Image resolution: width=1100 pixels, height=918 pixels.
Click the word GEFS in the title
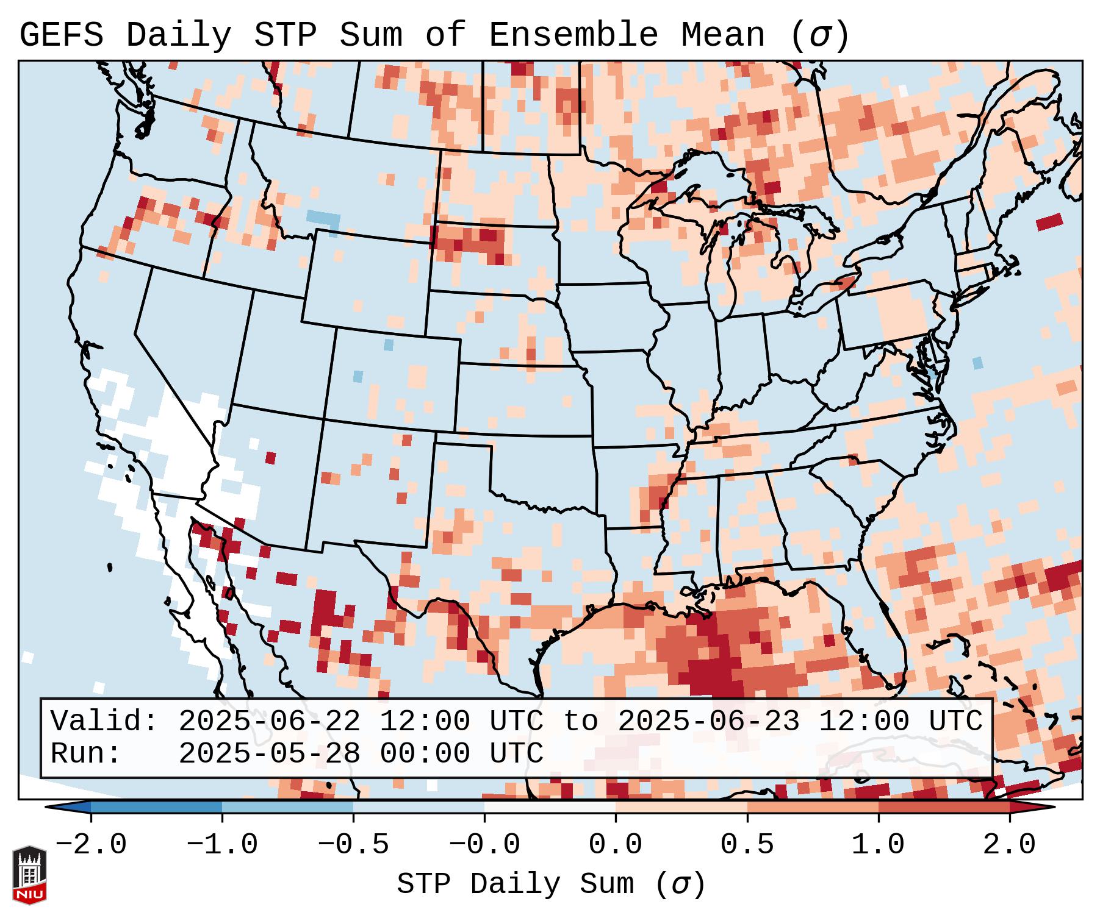point(61,35)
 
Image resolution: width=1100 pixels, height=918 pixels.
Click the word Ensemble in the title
point(573,35)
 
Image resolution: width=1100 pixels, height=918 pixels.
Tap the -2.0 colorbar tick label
point(91,845)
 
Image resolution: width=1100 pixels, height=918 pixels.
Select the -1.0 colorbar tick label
point(222,845)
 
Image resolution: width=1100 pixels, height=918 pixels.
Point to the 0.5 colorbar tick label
point(747,845)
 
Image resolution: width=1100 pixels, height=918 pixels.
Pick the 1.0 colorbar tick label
point(879,845)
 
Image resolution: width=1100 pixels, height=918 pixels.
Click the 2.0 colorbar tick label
point(1010,845)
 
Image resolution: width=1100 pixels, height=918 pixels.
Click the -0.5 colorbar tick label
point(353,845)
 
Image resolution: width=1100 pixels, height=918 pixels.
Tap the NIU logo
point(29,875)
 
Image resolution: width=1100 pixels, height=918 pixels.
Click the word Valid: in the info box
point(104,721)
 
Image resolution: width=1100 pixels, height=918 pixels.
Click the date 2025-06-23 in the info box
point(708,721)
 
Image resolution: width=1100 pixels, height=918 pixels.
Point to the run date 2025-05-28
point(269,753)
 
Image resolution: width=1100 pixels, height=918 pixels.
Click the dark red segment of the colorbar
point(944,807)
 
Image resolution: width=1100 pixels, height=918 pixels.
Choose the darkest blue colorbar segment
point(156,807)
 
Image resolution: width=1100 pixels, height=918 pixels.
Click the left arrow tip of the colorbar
point(49,807)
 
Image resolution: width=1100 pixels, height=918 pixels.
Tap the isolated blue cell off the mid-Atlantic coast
point(977,363)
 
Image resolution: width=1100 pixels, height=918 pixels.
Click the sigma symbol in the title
point(819,35)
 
